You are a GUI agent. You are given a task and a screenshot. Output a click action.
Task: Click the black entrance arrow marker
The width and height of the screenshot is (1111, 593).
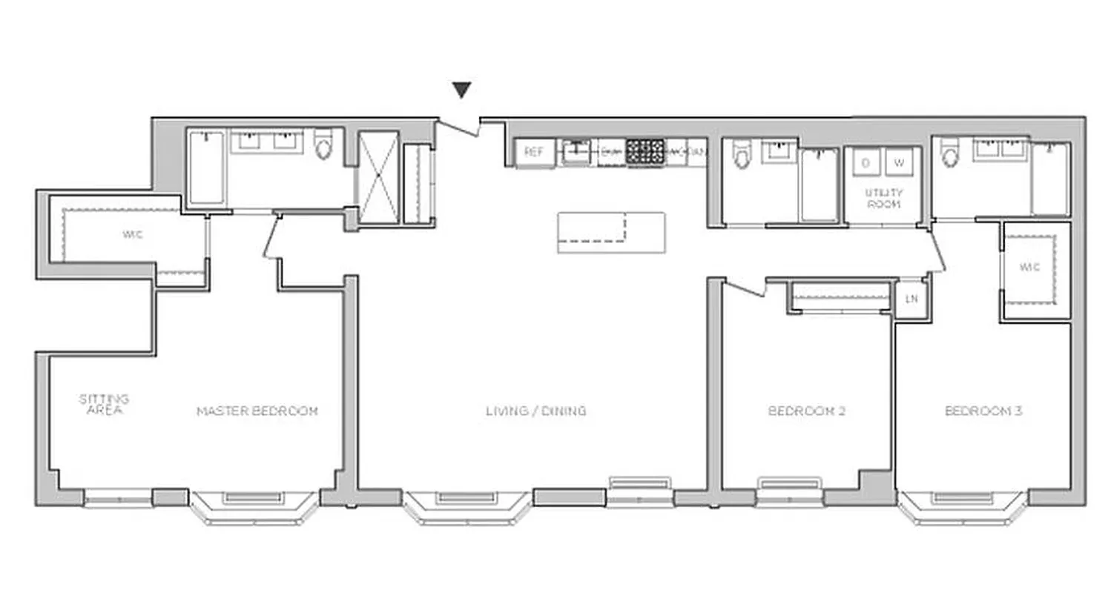point(462,90)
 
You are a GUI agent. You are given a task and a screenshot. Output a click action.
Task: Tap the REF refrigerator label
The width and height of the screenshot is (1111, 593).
point(534,152)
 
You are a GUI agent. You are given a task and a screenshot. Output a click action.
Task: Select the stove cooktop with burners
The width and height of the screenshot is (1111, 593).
point(644,152)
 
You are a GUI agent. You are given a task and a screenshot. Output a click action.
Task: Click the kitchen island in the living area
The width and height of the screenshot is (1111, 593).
point(611,232)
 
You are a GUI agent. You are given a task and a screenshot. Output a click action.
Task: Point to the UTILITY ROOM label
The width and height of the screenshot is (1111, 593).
point(883,198)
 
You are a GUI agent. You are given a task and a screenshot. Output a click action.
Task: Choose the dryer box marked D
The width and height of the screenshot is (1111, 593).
point(866,162)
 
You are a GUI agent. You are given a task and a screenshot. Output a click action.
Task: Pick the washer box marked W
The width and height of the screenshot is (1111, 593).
point(899,162)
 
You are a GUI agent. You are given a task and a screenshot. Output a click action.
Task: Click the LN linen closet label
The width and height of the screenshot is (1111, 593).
point(911,299)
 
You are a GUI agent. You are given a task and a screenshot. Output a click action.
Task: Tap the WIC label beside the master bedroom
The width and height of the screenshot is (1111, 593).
point(133,236)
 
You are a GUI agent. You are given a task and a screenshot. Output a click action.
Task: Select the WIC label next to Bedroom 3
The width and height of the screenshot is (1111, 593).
point(1029,267)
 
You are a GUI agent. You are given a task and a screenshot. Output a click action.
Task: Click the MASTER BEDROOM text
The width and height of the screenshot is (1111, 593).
point(257,411)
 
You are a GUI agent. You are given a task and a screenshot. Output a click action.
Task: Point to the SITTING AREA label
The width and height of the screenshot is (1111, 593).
point(104,404)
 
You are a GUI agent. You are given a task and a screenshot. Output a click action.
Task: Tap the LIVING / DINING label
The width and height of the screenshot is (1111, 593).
point(535,411)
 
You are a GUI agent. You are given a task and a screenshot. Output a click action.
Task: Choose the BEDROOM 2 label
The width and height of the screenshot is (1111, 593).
point(807,411)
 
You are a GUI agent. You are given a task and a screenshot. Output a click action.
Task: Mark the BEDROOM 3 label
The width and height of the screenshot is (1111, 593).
point(983,411)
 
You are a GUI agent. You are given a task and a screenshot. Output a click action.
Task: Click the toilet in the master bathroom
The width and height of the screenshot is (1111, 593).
point(324,147)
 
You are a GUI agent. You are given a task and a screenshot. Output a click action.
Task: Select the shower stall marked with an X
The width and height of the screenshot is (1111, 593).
point(378,178)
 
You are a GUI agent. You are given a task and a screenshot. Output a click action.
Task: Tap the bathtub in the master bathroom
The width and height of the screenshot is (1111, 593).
point(205,168)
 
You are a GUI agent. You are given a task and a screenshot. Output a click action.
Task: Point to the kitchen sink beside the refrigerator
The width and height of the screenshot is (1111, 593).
point(576,153)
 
